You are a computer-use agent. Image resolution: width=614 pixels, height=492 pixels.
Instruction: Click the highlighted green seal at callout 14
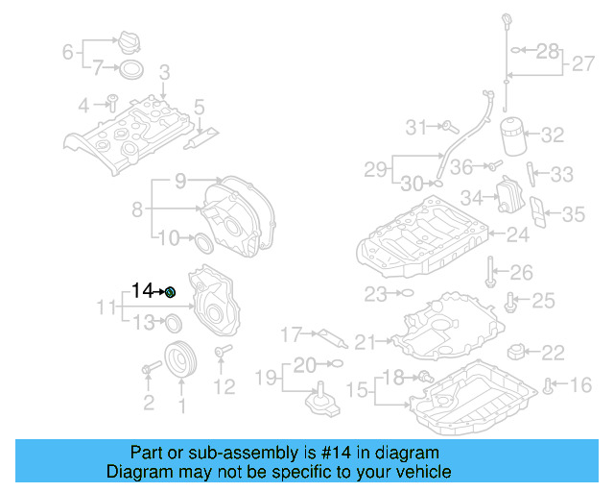click(x=170, y=291)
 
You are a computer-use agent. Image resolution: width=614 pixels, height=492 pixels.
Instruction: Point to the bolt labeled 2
click(x=151, y=368)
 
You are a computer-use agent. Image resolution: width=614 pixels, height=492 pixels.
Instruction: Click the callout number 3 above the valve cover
click(x=164, y=72)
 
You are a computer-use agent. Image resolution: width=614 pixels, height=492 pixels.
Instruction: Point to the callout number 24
click(x=518, y=234)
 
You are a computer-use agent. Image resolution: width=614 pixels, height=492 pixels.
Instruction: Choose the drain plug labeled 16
click(x=548, y=386)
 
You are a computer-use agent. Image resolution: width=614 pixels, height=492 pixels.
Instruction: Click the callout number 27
click(x=583, y=64)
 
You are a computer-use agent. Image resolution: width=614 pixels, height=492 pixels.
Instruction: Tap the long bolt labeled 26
click(x=490, y=273)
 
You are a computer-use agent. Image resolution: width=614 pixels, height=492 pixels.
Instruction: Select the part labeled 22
click(x=518, y=351)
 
